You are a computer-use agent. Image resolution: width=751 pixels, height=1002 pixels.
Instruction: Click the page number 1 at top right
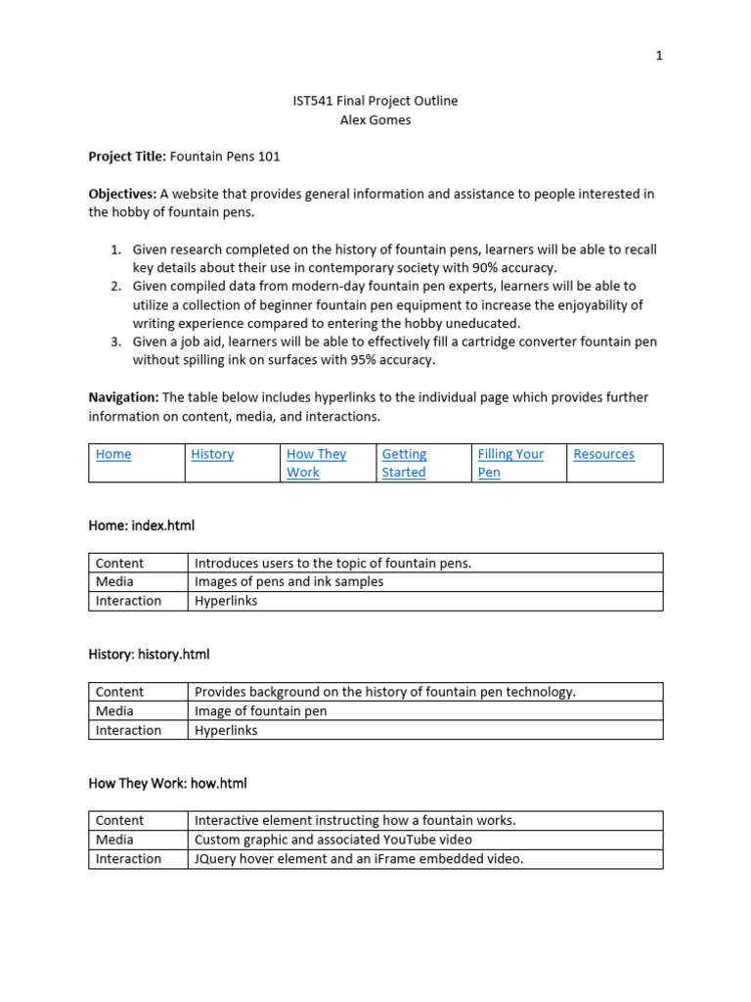(659, 56)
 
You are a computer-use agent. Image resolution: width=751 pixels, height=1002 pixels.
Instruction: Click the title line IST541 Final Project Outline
(375, 101)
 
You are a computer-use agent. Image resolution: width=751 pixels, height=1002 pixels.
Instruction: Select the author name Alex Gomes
(375, 120)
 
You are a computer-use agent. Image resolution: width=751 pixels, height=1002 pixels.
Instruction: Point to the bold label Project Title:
(127, 156)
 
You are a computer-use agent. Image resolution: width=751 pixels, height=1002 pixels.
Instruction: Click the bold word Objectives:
(122, 194)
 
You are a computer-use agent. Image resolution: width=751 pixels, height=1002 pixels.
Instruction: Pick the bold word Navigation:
(123, 397)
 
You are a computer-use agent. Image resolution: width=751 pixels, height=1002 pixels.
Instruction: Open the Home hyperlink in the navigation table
(113, 454)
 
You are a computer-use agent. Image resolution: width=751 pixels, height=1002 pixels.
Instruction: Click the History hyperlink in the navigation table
(212, 454)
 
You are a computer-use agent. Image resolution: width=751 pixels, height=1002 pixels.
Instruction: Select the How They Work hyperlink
(316, 463)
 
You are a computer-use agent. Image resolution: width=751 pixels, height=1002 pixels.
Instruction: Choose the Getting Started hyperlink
(404, 463)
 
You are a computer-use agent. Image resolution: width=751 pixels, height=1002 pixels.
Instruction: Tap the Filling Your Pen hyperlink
(510, 463)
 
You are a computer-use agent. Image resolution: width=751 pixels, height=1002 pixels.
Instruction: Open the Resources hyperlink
(603, 454)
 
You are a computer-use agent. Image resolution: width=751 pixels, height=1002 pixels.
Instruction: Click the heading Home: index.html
(142, 525)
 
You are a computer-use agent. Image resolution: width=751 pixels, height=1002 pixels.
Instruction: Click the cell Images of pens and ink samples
(288, 581)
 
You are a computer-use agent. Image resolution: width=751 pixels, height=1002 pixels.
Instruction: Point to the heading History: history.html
(149, 654)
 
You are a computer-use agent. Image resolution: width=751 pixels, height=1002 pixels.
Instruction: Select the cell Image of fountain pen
(260, 710)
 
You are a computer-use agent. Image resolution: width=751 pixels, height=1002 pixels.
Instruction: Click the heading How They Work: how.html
(167, 783)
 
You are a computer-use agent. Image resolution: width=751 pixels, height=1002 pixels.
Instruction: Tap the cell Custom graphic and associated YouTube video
(332, 840)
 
